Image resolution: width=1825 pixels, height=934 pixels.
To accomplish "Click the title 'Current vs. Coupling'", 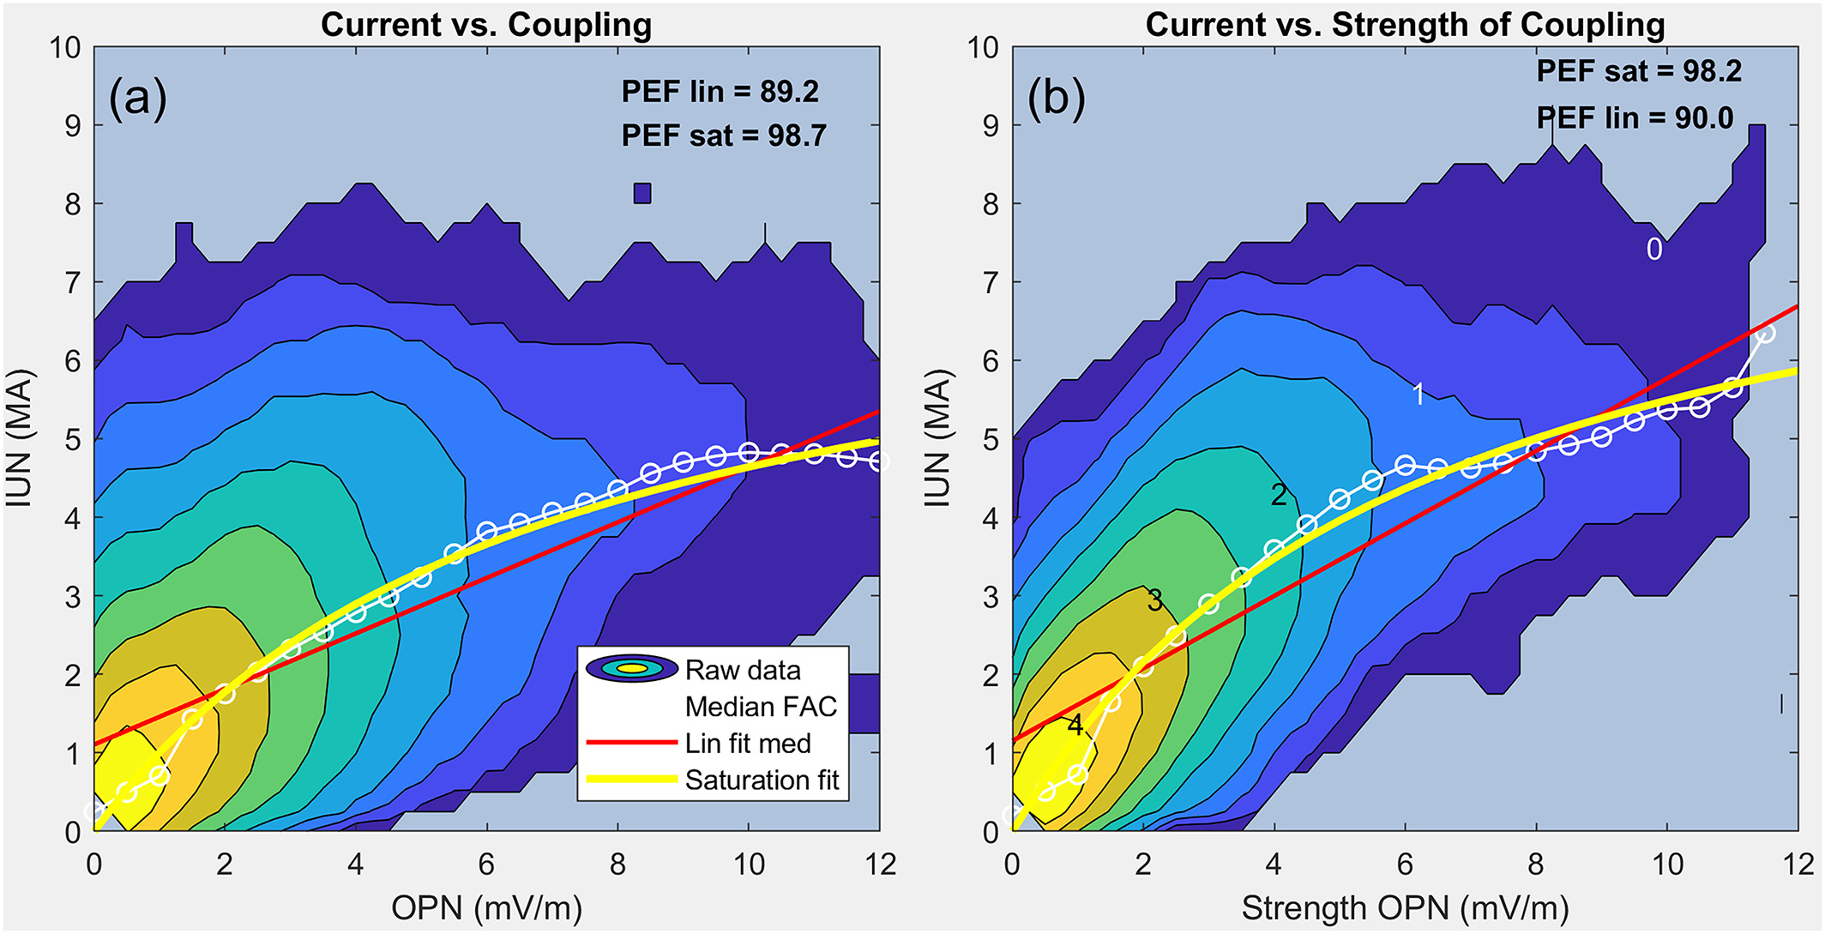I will coord(485,25).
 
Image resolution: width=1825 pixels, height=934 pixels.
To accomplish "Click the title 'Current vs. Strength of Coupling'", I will coord(1405,25).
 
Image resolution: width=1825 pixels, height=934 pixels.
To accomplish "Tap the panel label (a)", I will coord(137,99).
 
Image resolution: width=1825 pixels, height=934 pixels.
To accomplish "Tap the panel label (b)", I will coord(1056,99).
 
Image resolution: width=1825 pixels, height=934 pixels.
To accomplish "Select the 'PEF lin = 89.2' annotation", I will coord(720,92).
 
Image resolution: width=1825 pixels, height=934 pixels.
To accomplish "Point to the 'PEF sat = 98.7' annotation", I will coord(723,136).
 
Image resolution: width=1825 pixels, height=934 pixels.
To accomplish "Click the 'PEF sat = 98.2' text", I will coord(1638,71).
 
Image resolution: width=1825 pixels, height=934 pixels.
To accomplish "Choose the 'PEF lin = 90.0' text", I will coord(1635,118).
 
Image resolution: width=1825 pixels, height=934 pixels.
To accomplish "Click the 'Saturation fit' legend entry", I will coord(762,780).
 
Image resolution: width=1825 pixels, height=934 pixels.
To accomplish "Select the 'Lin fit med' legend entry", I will coord(747,744).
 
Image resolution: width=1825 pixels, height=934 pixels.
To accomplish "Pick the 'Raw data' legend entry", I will coord(743,670).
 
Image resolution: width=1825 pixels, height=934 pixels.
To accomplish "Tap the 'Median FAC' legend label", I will coord(761,707).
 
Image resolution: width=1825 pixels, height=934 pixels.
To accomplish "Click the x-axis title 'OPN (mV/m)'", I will coord(486,907).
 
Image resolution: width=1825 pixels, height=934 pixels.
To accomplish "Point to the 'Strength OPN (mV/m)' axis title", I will coord(1405,907).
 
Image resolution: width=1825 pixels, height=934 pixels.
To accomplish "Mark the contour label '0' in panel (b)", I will coord(1654,250).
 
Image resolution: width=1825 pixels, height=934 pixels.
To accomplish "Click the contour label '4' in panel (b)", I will coord(1075,726).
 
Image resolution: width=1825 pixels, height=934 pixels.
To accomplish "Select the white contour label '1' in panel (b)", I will coord(1418,395).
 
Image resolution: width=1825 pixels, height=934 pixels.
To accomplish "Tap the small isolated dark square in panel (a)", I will coord(642,194).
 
